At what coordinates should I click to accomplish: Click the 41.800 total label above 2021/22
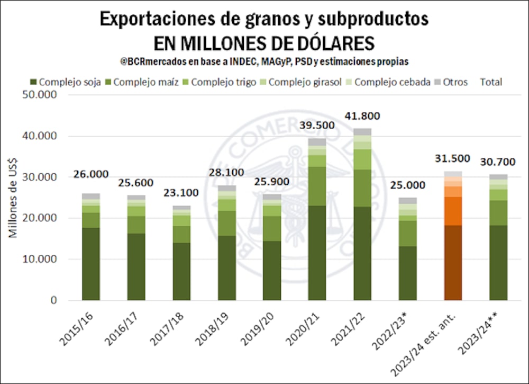pyautogui.click(x=362, y=116)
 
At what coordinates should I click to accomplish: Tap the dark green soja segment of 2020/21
pyautogui.click(x=317, y=253)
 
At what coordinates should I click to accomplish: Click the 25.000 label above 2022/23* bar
pyautogui.click(x=408, y=185)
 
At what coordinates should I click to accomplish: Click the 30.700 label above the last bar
pyautogui.click(x=498, y=162)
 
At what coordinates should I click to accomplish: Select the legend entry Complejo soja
pyautogui.click(x=65, y=82)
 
